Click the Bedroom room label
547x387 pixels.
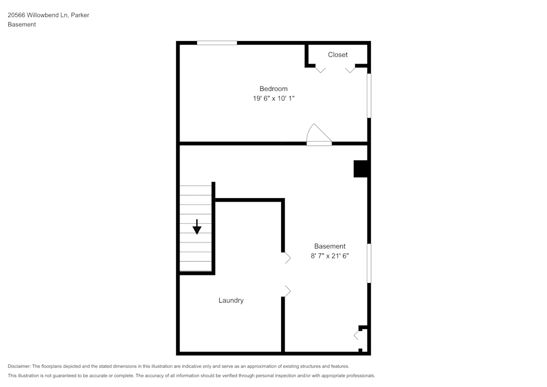click(273, 89)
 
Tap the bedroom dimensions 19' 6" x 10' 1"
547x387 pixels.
click(273, 99)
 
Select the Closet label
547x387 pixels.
click(337, 55)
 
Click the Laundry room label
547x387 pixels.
click(231, 301)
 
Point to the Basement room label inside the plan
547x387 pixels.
click(329, 246)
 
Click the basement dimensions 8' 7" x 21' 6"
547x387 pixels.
click(329, 256)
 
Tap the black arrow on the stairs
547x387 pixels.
click(197, 227)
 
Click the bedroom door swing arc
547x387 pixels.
click(318, 135)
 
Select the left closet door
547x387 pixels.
click(321, 70)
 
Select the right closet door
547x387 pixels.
click(350, 70)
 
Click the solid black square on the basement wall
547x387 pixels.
click(360, 169)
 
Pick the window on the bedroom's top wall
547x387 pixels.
click(217, 43)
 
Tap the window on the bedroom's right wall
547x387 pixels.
click(369, 95)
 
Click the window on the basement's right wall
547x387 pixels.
click(369, 263)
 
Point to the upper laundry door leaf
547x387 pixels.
click(287, 258)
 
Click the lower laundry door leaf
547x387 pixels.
click(287, 291)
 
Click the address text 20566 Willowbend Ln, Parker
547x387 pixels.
click(48, 15)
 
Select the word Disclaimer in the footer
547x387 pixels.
click(19, 366)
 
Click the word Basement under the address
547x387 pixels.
click(22, 25)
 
